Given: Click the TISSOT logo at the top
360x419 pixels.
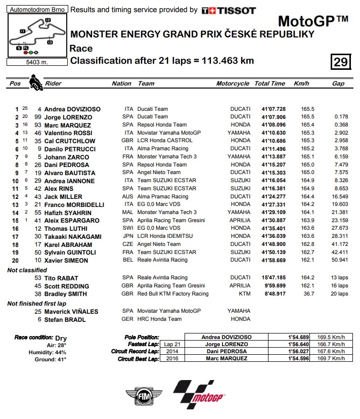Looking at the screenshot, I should (x=229, y=10).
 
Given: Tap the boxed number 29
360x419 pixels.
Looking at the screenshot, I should (x=340, y=62).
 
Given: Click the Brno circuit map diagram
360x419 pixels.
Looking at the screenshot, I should (x=34, y=36).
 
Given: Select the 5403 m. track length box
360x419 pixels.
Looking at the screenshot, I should (x=34, y=63).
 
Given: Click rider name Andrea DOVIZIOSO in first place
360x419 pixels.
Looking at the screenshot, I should (x=72, y=109).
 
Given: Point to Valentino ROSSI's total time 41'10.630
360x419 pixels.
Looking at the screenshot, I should (x=274, y=133).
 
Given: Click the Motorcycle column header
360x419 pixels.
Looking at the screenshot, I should (x=233, y=83).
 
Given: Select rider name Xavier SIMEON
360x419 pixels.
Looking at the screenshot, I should (x=66, y=260).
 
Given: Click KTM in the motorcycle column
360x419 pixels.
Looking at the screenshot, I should (x=244, y=294).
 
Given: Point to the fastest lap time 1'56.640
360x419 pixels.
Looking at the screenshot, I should (x=292, y=344).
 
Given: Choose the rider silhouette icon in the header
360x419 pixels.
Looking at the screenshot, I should (x=35, y=82).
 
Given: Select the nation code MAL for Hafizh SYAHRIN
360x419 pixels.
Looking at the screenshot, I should (x=128, y=213).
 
